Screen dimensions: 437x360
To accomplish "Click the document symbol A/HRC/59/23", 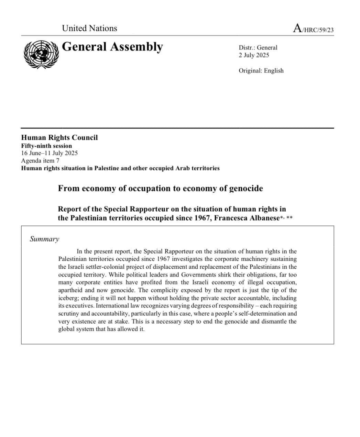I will tap(313, 29).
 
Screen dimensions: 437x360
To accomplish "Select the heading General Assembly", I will tap(112, 47).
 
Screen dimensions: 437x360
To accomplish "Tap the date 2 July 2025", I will tap(254, 55).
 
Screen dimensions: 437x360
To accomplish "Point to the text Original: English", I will tap(261, 71).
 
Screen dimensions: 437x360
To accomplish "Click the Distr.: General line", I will tap(258, 48).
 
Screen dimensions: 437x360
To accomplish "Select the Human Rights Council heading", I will tap(59, 138).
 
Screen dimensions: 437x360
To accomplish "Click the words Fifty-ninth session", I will tap(46, 146).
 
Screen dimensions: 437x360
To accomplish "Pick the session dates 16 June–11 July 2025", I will tap(49, 153).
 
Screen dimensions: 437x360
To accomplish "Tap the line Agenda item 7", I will tap(40, 161).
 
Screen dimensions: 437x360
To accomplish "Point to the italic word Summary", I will tap(44, 239).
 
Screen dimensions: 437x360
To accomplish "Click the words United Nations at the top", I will tap(89, 28).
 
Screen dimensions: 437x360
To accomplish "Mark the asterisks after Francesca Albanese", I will tap(286, 217).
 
